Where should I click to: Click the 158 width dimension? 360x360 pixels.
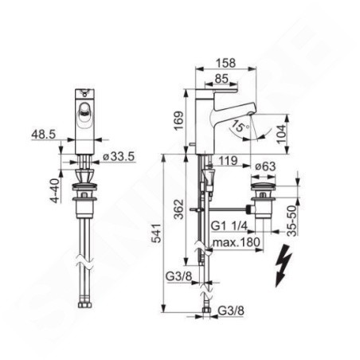(x=225, y=63)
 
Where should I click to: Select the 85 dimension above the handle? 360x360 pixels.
(x=221, y=79)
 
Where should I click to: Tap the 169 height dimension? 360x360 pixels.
(x=178, y=121)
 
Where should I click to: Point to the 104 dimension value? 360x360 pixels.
(x=281, y=135)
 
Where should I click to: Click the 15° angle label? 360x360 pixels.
(x=239, y=127)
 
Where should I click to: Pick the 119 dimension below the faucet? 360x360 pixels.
(x=228, y=161)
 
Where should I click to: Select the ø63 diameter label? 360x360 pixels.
(x=265, y=166)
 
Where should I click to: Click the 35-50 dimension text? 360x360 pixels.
(x=292, y=221)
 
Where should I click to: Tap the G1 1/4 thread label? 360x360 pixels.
(x=229, y=226)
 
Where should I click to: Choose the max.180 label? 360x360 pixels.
(x=237, y=242)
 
